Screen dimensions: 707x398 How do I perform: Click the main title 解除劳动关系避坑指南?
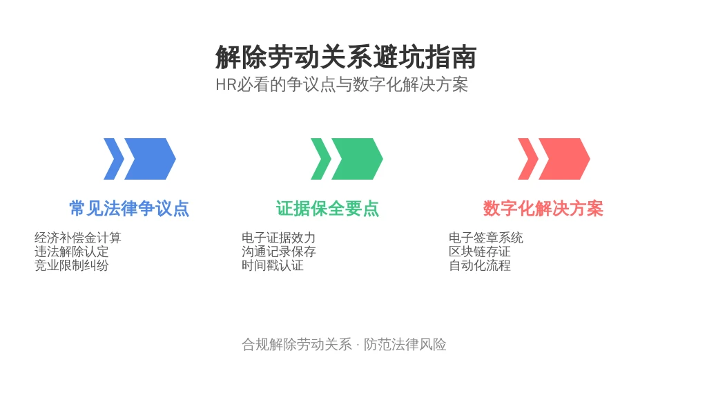point(346,57)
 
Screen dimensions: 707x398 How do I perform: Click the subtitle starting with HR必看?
point(342,84)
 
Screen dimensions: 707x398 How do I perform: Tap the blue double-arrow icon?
point(139,159)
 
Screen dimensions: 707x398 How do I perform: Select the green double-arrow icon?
point(347,159)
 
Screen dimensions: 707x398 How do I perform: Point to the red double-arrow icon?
point(554,159)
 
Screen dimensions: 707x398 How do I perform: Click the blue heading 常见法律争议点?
point(129,209)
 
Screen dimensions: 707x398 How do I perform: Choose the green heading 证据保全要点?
point(328,209)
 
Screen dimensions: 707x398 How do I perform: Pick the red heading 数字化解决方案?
point(543,209)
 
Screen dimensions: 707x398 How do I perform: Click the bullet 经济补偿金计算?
point(78,238)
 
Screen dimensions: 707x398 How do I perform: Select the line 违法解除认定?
point(72,252)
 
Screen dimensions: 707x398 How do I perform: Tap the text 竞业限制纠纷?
point(72,265)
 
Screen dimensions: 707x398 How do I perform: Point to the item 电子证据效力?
point(279,238)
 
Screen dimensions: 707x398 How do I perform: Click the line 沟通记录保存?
point(279,252)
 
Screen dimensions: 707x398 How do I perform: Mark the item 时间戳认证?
point(273,265)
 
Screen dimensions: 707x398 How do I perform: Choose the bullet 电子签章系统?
point(486,238)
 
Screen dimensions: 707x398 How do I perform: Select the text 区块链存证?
point(480,252)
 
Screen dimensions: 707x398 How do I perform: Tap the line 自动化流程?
point(480,265)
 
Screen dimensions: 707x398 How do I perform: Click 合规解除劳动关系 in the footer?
point(297,345)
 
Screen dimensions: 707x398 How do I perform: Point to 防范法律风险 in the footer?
point(405,345)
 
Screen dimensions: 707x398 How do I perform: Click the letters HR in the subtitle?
point(226,85)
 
